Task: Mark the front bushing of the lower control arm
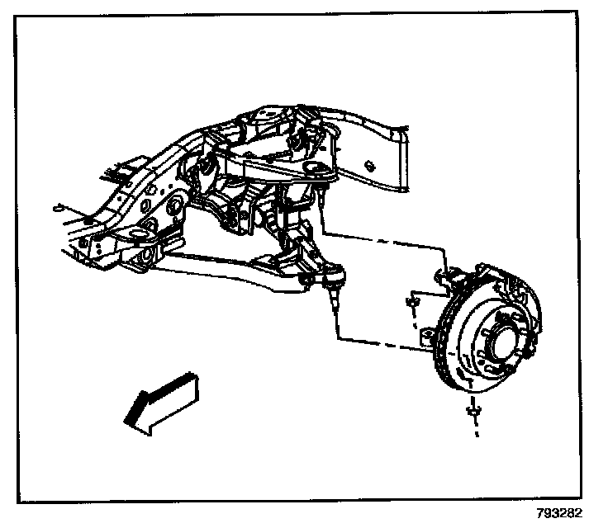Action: click(142, 257)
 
